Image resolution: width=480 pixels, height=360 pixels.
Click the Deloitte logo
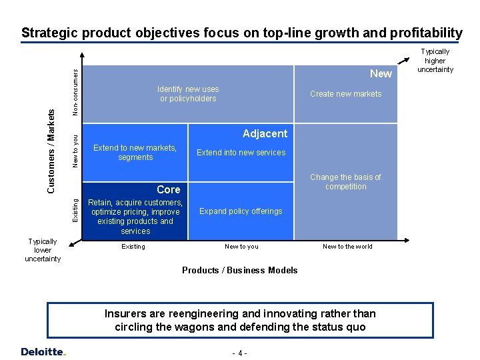point(43,351)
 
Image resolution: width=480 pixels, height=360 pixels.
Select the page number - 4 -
point(239,353)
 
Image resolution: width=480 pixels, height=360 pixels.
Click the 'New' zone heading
point(381,73)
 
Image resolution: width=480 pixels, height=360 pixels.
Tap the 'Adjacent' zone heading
point(265,133)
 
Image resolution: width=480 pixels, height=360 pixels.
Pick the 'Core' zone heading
point(168,189)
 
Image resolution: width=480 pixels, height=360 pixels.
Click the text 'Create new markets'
point(345,94)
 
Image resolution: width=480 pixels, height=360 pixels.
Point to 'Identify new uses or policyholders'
point(188,94)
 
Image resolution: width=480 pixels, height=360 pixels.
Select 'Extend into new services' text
point(241,153)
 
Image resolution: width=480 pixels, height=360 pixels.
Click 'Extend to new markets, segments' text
point(135,153)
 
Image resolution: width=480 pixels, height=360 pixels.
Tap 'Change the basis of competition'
point(345,182)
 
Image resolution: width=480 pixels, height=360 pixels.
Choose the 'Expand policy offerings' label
point(241,211)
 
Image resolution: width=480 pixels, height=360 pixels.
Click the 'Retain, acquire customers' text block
point(135,217)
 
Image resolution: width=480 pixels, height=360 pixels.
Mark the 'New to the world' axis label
point(347,247)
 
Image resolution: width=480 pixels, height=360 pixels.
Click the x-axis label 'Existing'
point(133,247)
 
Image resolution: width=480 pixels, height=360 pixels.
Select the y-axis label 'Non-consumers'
point(76,90)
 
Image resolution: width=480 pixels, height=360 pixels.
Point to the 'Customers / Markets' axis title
point(51,151)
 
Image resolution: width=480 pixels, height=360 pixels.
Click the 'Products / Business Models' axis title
point(240,270)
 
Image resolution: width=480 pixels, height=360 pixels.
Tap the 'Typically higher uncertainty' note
point(435,61)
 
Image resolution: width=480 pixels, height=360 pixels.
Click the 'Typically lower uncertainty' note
point(43,250)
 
